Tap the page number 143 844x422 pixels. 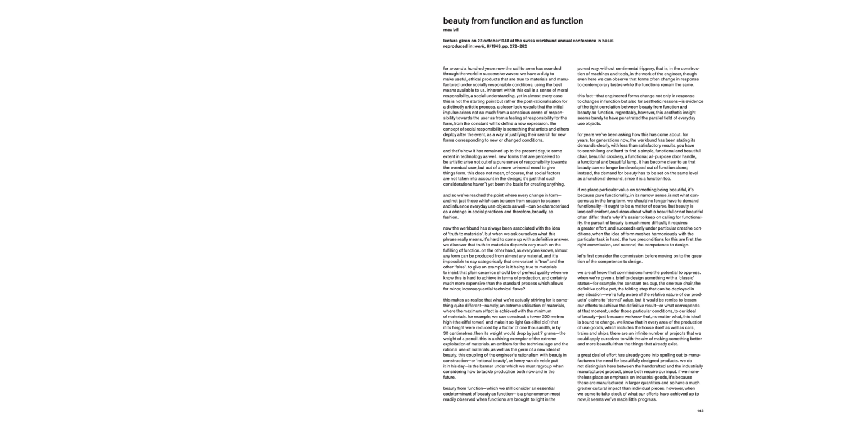tap(700, 411)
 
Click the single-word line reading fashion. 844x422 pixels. tap(451, 216)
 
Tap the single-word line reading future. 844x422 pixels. tap(450, 378)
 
